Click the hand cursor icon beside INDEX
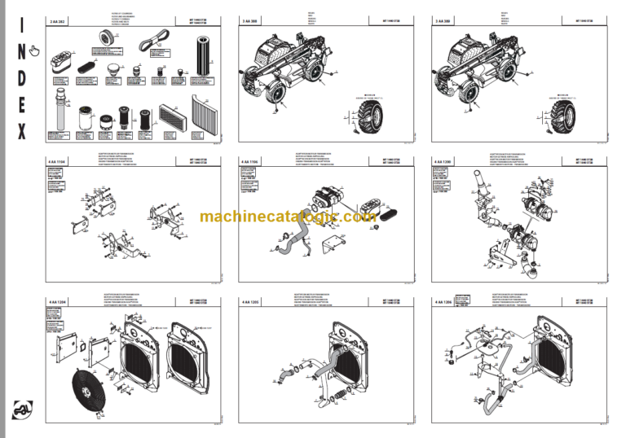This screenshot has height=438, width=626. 33,52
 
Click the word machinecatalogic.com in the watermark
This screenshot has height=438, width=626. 288,217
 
